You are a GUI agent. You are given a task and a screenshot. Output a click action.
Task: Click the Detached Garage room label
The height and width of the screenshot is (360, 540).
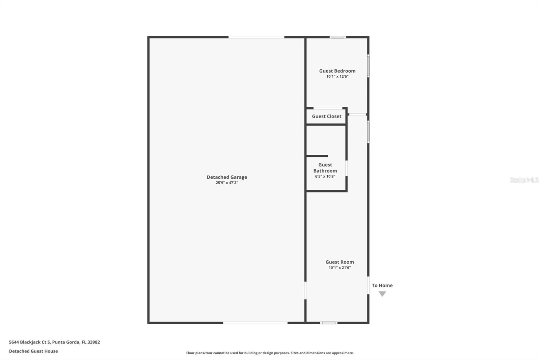tap(227, 177)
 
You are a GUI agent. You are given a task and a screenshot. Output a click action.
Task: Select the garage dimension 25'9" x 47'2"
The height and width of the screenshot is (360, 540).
tap(227, 183)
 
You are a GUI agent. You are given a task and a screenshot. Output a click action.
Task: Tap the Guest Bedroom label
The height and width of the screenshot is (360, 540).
tap(337, 71)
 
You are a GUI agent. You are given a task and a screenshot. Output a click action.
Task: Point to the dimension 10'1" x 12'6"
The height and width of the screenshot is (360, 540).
tap(337, 77)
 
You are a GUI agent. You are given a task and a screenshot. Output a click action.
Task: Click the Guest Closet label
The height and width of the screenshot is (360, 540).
tap(326, 116)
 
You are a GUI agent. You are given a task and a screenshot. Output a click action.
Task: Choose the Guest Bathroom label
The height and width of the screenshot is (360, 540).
tap(325, 168)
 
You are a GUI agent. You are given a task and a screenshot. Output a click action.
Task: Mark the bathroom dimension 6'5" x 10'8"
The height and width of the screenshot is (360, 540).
tap(325, 176)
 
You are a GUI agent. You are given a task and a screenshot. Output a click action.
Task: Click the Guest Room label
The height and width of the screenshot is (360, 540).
tap(340, 262)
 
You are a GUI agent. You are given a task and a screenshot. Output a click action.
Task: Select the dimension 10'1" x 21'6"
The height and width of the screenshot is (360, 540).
tap(340, 268)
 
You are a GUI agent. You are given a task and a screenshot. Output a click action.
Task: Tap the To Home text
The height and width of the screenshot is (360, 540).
tap(382, 285)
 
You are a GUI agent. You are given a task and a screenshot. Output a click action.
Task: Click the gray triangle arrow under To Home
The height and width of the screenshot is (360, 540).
tap(382, 294)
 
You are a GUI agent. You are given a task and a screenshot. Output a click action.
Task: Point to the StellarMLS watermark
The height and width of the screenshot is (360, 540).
tap(524, 180)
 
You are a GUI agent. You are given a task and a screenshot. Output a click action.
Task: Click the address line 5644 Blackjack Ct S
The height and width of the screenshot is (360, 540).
tap(54, 342)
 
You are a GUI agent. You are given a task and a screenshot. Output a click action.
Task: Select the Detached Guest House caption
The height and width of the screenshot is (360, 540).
tap(33, 351)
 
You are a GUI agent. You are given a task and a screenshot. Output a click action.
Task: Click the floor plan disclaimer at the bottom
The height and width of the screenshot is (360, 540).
tap(270, 353)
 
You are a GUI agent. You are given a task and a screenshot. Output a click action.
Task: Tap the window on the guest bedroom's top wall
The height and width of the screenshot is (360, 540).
tap(337, 37)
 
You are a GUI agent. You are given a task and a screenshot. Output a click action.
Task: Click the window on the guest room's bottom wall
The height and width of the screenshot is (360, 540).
tap(328, 323)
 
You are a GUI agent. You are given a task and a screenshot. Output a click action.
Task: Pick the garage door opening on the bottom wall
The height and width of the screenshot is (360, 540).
tap(255, 323)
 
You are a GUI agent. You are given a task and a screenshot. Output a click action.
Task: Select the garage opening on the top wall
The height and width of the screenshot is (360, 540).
tap(256, 37)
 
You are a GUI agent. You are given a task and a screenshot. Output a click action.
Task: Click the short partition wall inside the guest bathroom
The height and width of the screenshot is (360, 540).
tap(317, 156)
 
